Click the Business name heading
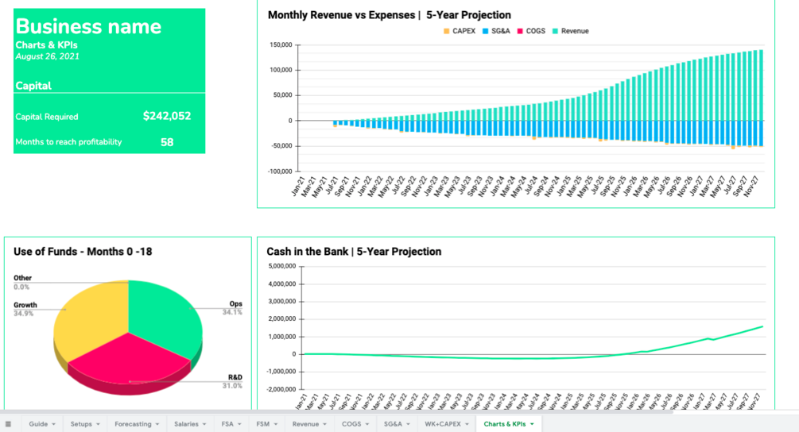(x=88, y=26)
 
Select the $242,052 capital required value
(x=167, y=116)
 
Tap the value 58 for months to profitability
(x=167, y=143)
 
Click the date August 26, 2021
(x=47, y=57)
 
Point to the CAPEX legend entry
(x=459, y=31)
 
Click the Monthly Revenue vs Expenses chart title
(x=390, y=15)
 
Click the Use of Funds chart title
(x=83, y=252)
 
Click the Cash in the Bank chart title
(x=354, y=252)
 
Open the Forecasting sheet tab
(x=133, y=424)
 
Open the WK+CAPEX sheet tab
(x=444, y=424)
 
